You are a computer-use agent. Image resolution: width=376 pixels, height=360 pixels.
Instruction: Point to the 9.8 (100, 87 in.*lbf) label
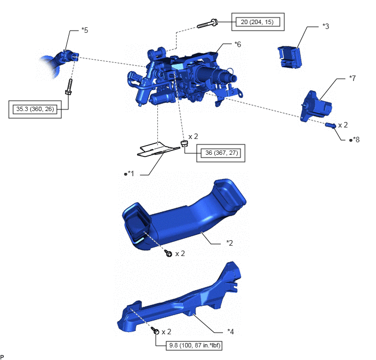(x=195, y=345)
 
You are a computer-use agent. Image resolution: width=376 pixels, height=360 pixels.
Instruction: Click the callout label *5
(x=85, y=30)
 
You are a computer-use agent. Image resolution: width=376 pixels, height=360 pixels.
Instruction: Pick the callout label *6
(x=238, y=44)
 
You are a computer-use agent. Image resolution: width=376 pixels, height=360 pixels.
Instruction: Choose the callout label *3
(x=326, y=26)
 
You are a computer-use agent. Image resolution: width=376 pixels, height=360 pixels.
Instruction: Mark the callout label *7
(x=352, y=78)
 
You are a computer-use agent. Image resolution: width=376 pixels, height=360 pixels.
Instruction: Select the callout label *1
(x=130, y=173)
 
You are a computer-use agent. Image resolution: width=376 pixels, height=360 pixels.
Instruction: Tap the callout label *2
(x=230, y=243)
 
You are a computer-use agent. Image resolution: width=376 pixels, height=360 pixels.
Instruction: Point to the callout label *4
(x=231, y=332)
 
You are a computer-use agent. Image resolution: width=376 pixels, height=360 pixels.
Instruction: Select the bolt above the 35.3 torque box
(x=69, y=86)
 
